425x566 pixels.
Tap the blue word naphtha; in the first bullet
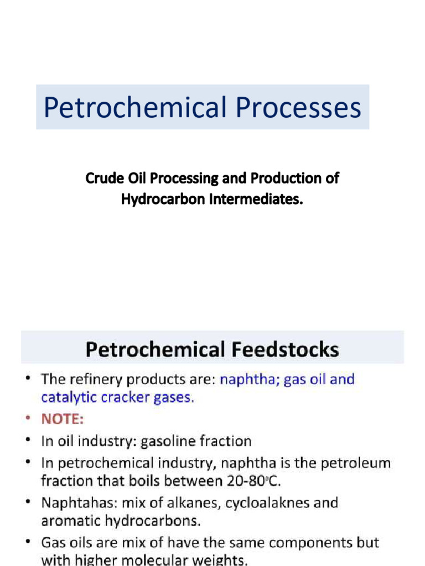pos(249,380)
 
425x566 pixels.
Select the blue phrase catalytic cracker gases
pos(117,397)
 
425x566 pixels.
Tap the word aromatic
pos(70,520)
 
